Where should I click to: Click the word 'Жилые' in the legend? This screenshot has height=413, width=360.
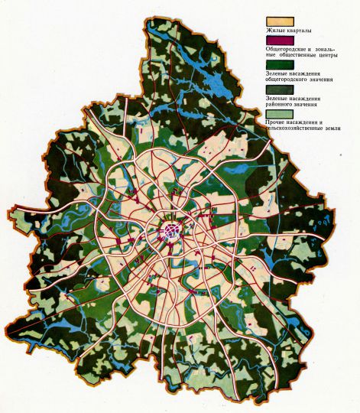tap(274, 31)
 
